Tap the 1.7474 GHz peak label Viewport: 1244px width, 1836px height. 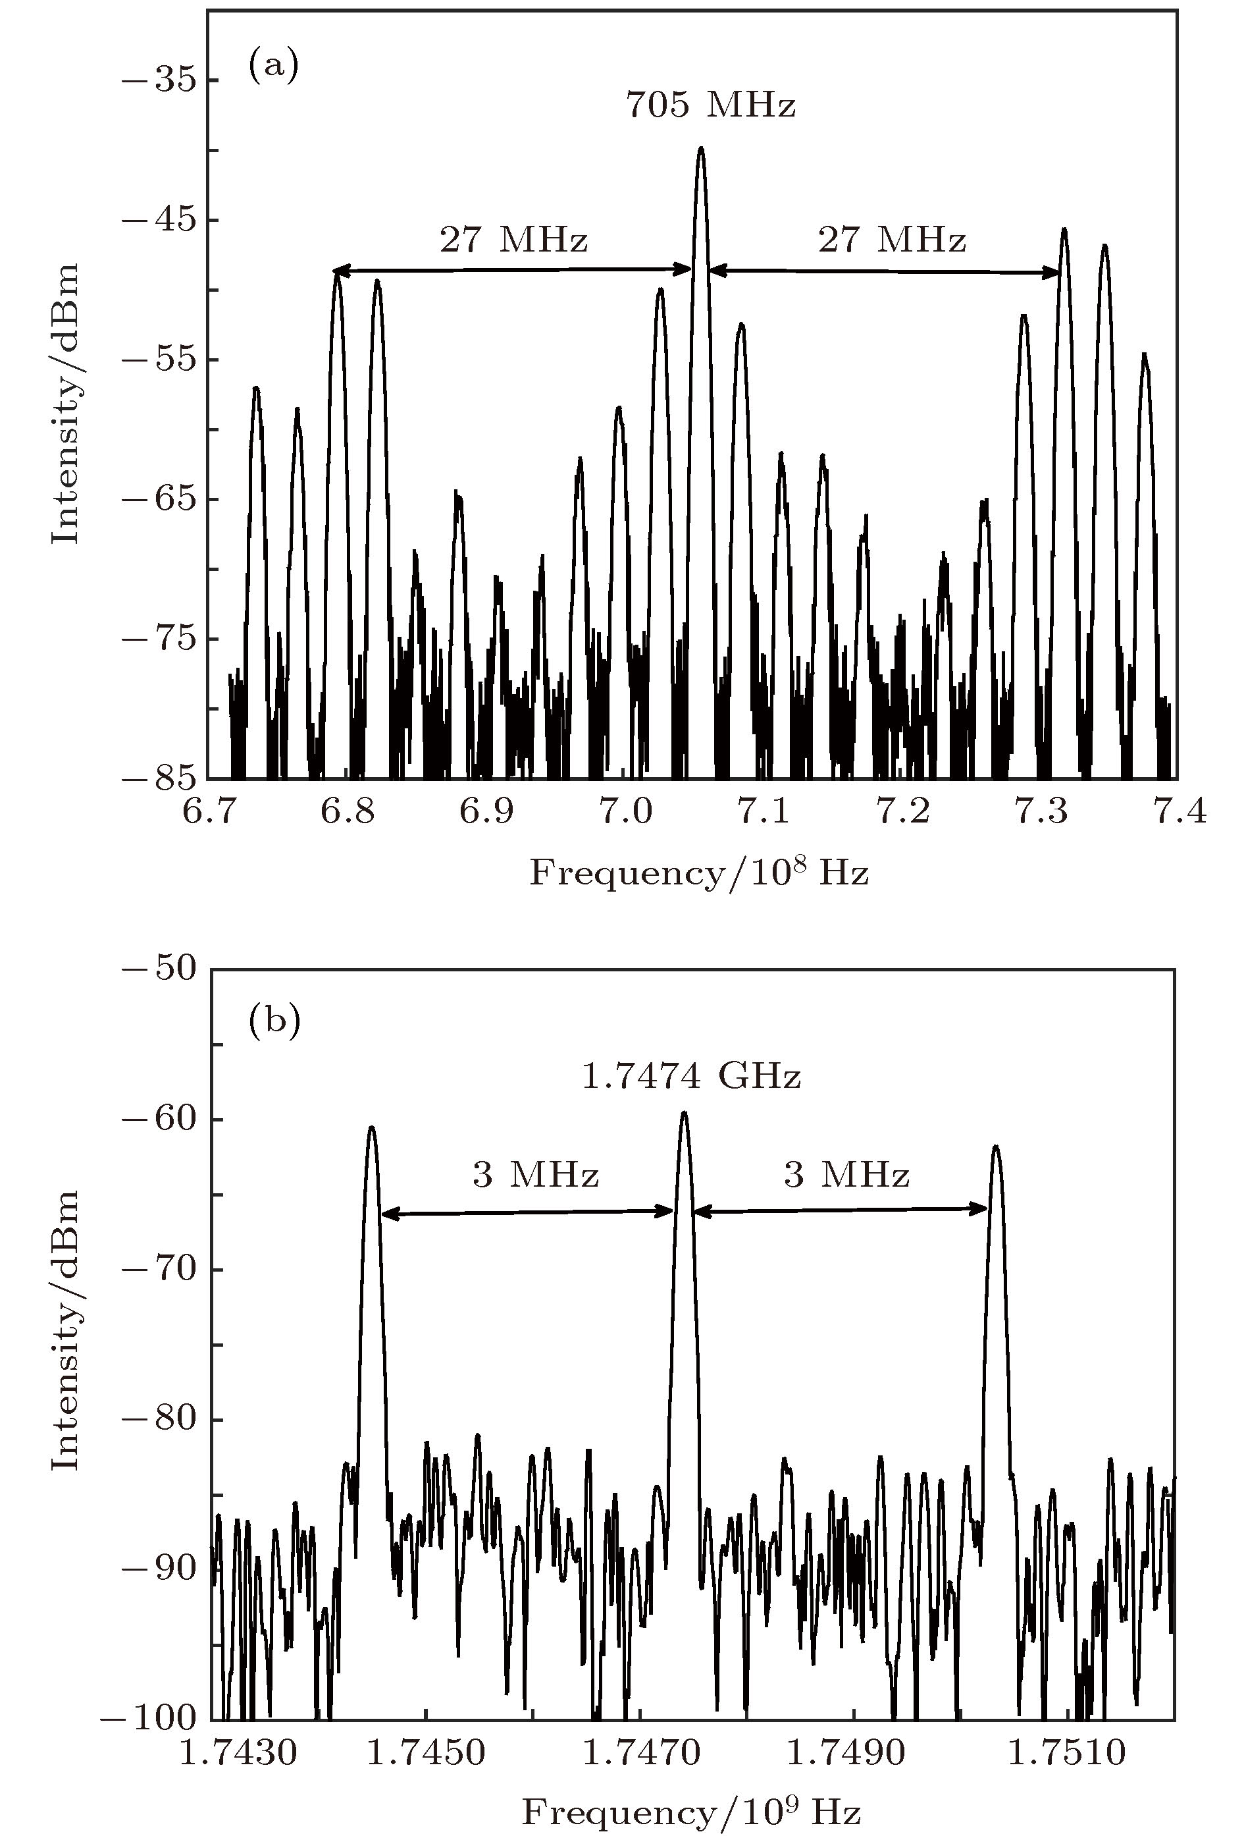click(x=691, y=1076)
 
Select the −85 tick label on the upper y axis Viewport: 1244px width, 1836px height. click(x=159, y=778)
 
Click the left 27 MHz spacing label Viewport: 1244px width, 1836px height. click(x=513, y=239)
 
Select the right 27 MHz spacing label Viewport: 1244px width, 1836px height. click(x=892, y=239)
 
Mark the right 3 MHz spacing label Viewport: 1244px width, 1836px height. click(x=846, y=1175)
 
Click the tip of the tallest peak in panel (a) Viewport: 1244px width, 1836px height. click(x=700, y=149)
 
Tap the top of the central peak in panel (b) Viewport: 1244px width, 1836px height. click(x=684, y=1112)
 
